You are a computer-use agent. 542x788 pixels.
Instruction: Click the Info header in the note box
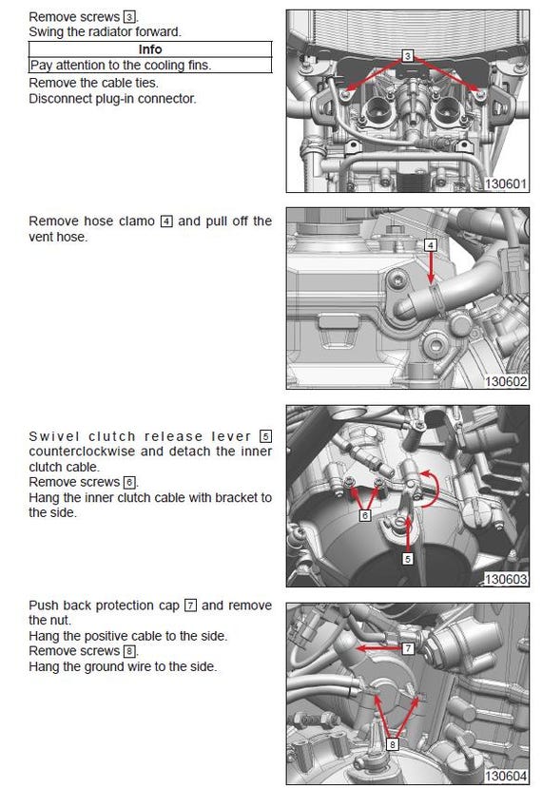coord(150,49)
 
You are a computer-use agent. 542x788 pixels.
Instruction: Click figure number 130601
coord(505,183)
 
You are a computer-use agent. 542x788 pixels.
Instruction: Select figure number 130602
coord(505,381)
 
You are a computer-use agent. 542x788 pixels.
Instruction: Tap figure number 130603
coord(505,578)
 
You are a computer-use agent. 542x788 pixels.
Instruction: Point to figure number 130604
coord(505,776)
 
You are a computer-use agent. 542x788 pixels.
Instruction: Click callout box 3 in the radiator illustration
coord(407,57)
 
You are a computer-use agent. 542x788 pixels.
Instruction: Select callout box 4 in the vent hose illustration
coord(431,244)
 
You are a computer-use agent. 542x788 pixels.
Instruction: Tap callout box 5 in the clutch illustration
coord(408,559)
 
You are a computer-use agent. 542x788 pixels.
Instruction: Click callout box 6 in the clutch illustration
coord(364,516)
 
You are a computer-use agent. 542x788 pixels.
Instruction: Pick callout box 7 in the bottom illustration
coord(406,648)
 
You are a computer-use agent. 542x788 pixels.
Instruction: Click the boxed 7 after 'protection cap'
coord(190,605)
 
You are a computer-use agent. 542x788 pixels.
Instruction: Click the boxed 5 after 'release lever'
coord(265,436)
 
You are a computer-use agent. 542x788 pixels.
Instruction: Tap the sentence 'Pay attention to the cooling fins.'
coord(121,65)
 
